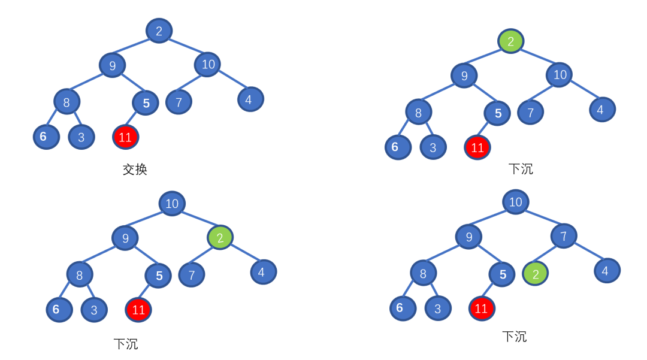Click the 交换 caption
pyautogui.click(x=135, y=170)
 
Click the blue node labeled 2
pyautogui.click(x=159, y=31)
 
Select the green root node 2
pyautogui.click(x=510, y=41)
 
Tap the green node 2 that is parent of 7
pyautogui.click(x=220, y=238)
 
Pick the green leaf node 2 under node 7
pyautogui.click(x=536, y=274)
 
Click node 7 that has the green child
pyautogui.click(x=563, y=235)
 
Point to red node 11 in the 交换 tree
pyautogui.click(x=125, y=137)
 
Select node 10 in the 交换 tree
pyautogui.click(x=207, y=64)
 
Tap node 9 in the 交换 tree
pyautogui.click(x=112, y=65)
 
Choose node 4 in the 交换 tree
pyautogui.click(x=250, y=99)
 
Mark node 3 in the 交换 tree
pyautogui.click(x=81, y=137)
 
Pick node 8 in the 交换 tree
pyautogui.click(x=66, y=102)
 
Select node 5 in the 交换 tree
pyautogui.click(x=146, y=103)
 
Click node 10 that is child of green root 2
pyautogui.click(x=560, y=74)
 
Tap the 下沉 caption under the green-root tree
pyautogui.click(x=520, y=169)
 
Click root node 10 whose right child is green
pyautogui.click(x=172, y=203)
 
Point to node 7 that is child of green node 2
pyautogui.click(x=192, y=275)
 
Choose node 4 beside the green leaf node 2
pyautogui.click(x=607, y=271)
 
